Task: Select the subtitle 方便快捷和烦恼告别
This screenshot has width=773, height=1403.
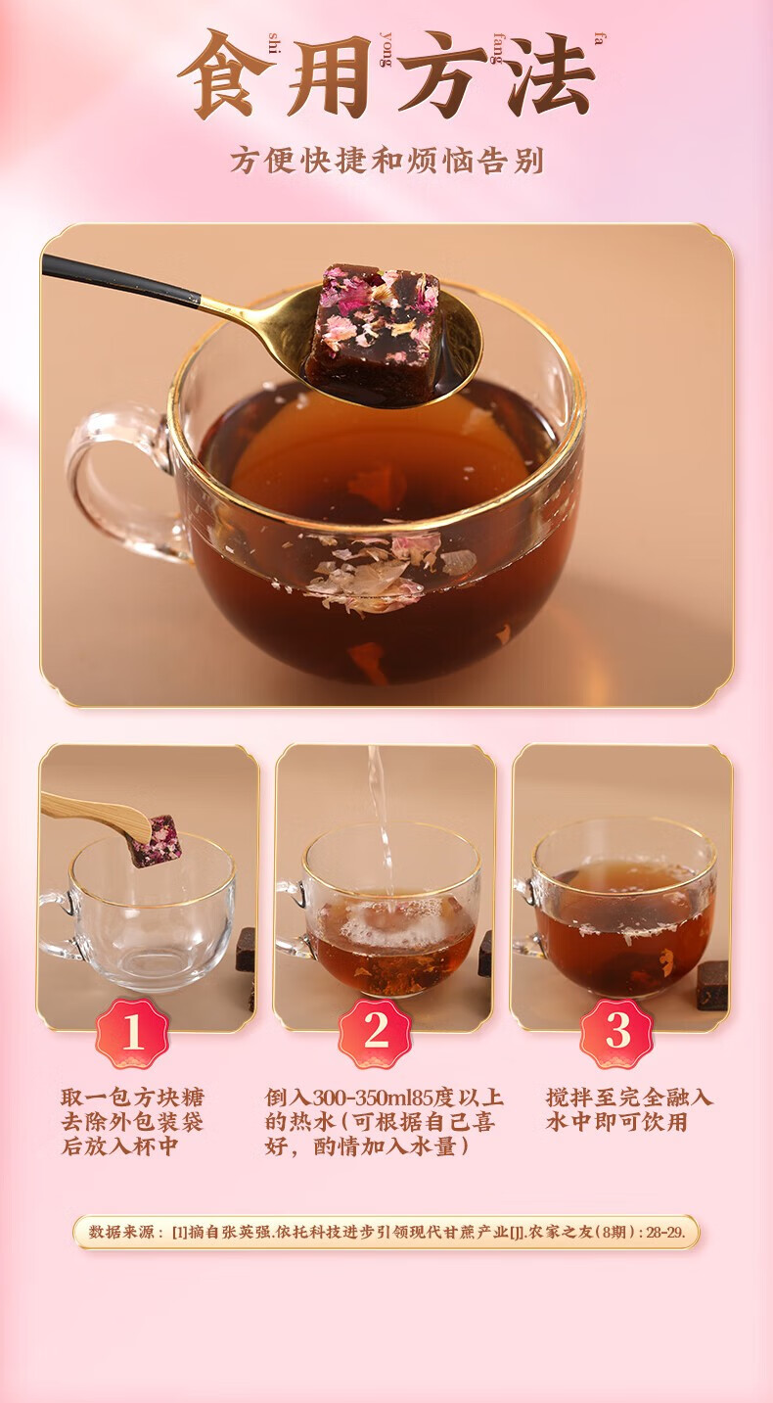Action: pos(386,161)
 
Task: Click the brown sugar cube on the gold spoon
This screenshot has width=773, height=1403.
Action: pos(375,323)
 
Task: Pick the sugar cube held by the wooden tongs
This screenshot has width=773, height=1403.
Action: pos(157,841)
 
